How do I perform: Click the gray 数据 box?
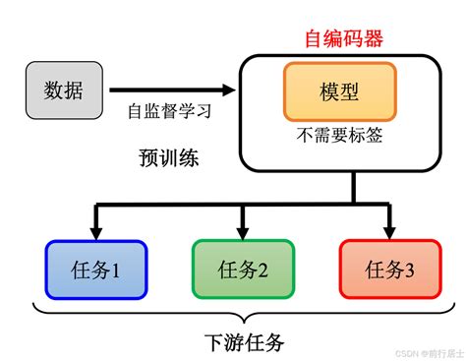(x=62, y=90)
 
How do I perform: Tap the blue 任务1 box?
(x=95, y=269)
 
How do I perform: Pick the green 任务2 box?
(x=242, y=269)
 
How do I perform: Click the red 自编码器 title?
(x=343, y=39)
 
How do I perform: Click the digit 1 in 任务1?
(x=115, y=269)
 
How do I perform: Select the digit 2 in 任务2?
(x=262, y=269)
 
